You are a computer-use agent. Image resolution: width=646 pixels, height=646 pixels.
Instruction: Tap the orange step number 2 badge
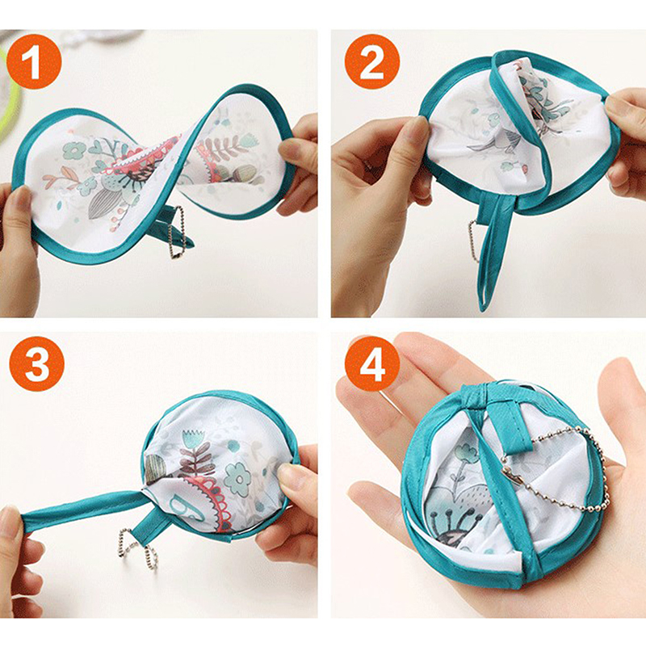click(x=372, y=62)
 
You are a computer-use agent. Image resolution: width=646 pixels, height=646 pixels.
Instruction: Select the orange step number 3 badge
click(x=36, y=363)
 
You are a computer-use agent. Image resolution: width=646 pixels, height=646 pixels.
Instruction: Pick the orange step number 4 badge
click(x=372, y=363)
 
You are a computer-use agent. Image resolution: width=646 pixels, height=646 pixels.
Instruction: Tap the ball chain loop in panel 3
click(x=138, y=550)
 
